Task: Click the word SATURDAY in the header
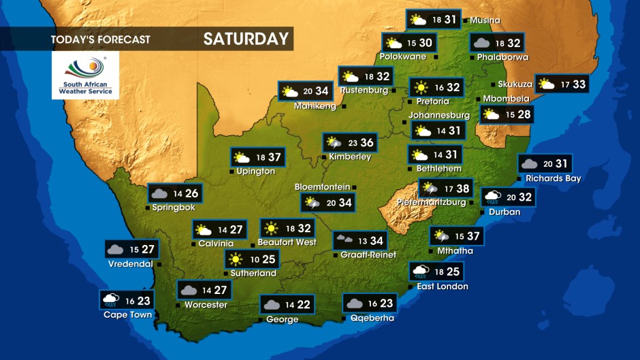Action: point(246,39)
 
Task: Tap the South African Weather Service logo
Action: point(85,76)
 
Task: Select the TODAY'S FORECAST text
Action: point(100,39)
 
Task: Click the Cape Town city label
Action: point(127,314)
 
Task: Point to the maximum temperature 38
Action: point(463,189)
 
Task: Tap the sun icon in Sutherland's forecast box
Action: point(236,259)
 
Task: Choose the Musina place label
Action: point(485,20)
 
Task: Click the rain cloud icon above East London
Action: point(421,272)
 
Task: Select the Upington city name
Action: point(255,171)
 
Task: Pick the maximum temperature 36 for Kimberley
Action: point(367,143)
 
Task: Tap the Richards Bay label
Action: point(553,178)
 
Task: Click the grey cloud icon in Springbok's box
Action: point(159,194)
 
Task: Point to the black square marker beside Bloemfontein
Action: point(354,187)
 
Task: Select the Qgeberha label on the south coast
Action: point(372,318)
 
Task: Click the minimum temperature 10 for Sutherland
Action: point(253,259)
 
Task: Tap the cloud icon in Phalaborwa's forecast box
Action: point(482,43)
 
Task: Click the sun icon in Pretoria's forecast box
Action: point(421,87)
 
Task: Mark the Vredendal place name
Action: point(130,264)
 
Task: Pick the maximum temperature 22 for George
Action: point(304,305)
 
